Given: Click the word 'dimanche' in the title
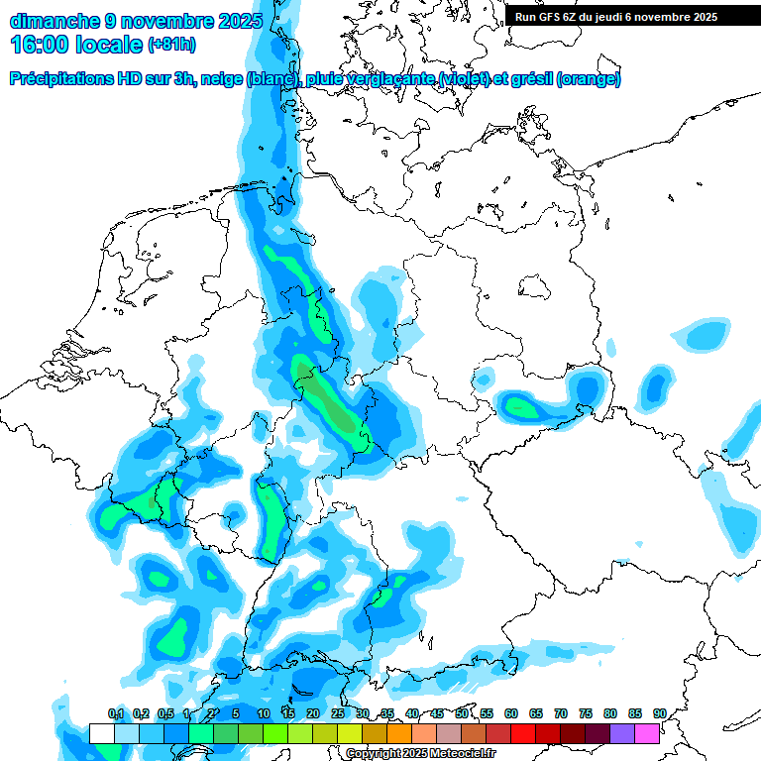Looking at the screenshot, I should [x=54, y=20].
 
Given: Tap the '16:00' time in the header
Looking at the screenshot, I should [x=40, y=45].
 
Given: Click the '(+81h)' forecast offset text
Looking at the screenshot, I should [x=171, y=45].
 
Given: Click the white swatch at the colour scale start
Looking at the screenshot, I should [x=102, y=733].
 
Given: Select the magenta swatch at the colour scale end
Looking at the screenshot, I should [x=647, y=733].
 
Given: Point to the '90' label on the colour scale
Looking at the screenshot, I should [x=659, y=713].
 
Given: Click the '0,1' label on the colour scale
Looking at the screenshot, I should [x=116, y=713].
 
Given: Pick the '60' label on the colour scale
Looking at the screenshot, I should [x=511, y=713].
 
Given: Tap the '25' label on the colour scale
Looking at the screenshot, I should [x=338, y=713].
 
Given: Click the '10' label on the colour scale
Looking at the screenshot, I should [x=264, y=713].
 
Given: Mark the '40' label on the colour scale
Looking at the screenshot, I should [x=412, y=713].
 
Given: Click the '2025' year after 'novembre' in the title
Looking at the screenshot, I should [x=239, y=20].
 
